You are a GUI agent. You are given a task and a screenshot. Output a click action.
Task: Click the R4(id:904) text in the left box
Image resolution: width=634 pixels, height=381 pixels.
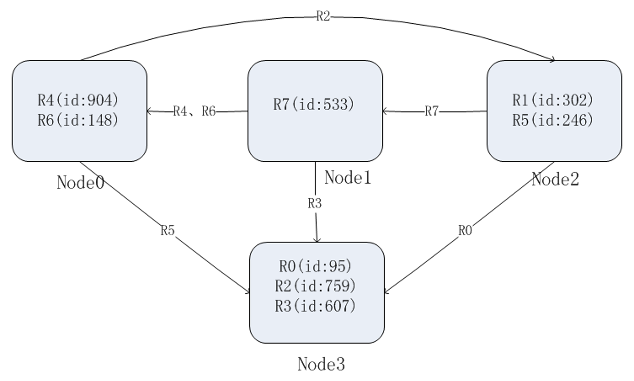click(x=78, y=100)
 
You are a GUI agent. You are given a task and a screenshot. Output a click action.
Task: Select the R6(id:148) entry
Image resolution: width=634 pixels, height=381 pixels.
click(x=78, y=120)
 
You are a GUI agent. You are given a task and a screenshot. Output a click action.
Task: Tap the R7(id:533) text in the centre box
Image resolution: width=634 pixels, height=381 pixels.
click(x=313, y=104)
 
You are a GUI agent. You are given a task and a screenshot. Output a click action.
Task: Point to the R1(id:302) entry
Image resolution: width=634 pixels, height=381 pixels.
click(x=552, y=100)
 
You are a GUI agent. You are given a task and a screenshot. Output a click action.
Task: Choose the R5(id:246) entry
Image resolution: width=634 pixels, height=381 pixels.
click(x=552, y=120)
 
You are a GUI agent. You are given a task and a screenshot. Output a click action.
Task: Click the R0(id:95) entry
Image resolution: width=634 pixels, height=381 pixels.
click(x=315, y=266)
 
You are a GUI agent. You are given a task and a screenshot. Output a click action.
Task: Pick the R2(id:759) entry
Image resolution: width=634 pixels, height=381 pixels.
click(x=315, y=286)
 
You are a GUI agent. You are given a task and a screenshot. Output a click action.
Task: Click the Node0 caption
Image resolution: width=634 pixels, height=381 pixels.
click(x=80, y=183)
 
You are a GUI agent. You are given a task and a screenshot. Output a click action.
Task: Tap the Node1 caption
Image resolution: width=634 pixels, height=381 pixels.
click(x=348, y=178)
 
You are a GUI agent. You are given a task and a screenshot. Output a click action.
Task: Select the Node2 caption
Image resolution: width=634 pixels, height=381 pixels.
click(x=555, y=179)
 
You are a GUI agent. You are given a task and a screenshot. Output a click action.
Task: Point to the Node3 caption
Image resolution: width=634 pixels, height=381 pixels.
click(x=321, y=364)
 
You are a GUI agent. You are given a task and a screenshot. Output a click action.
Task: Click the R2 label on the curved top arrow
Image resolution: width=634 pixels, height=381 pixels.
click(x=323, y=16)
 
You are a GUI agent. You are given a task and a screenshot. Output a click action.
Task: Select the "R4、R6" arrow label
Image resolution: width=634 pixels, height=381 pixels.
click(x=195, y=111)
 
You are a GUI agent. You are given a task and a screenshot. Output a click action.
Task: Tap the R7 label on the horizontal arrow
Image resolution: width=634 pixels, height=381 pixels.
click(x=432, y=111)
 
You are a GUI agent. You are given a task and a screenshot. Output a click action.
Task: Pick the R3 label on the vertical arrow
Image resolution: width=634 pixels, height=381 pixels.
click(x=315, y=203)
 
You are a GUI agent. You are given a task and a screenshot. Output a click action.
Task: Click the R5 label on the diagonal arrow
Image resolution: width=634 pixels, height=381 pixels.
click(x=168, y=230)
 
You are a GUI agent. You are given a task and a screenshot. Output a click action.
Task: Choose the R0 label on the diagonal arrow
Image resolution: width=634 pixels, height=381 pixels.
click(x=465, y=230)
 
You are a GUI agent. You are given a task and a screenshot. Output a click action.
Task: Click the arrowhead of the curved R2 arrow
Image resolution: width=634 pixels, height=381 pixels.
click(x=554, y=60)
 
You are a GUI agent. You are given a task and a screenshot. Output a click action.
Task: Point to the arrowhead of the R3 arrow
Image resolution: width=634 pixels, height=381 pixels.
click(x=317, y=242)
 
